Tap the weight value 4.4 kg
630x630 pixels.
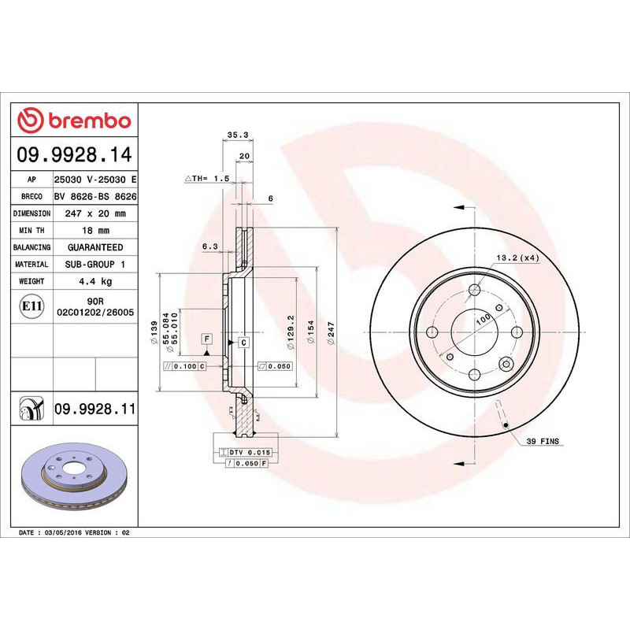click(x=94, y=281)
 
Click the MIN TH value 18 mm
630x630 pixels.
click(x=94, y=230)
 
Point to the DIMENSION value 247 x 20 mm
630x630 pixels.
click(x=94, y=213)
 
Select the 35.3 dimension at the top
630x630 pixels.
click(x=233, y=135)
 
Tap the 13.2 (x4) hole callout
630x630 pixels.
click(x=517, y=258)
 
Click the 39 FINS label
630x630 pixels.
click(x=542, y=443)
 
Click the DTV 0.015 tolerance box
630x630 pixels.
click(x=250, y=451)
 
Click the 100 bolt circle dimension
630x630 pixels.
click(x=482, y=317)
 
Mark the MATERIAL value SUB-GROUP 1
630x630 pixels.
click(x=94, y=265)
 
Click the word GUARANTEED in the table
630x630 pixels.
click(x=94, y=247)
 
